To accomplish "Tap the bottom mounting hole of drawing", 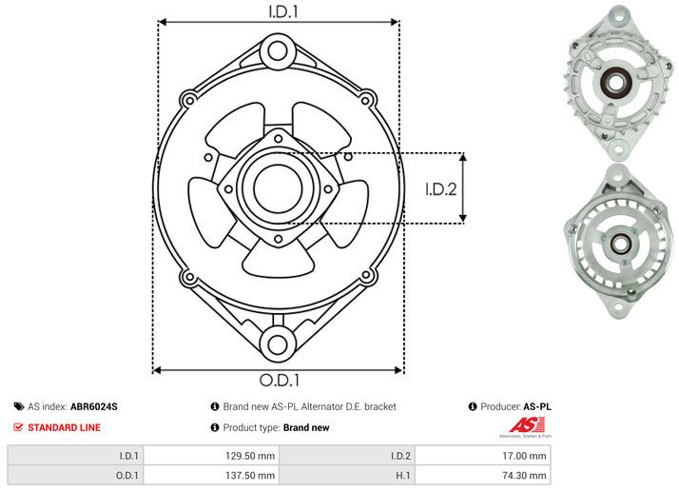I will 278,344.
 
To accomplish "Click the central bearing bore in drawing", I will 278,187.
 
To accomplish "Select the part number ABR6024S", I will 94,407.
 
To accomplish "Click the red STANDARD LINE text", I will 64,428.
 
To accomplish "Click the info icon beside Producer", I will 473,407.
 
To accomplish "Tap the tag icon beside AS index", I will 18,407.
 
